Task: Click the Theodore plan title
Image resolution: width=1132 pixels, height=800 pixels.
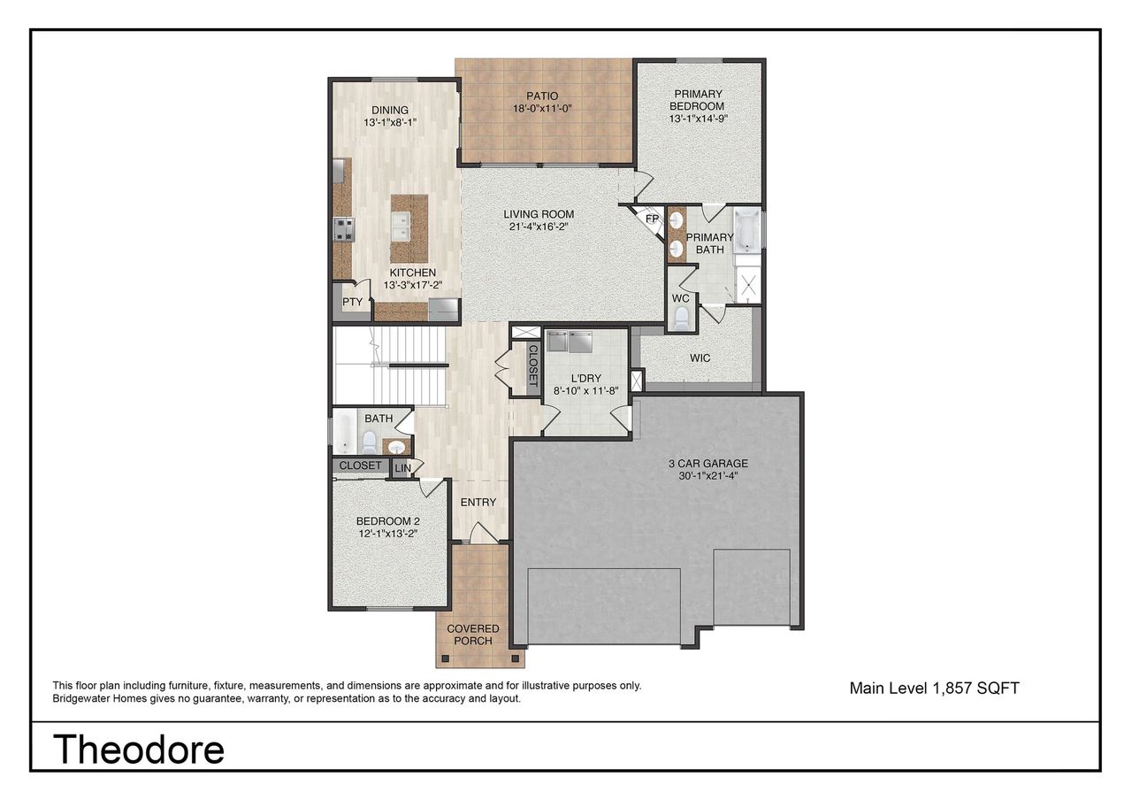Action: (139, 749)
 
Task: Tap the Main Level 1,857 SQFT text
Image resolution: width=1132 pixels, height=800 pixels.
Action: (934, 688)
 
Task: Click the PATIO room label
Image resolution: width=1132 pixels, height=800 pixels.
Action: (542, 96)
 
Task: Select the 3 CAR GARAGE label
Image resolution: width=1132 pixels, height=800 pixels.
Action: (707, 463)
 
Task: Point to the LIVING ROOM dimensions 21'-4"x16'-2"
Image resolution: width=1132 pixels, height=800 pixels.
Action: (539, 227)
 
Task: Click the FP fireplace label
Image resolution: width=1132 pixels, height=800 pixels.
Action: (653, 219)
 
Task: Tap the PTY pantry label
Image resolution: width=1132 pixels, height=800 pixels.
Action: (352, 303)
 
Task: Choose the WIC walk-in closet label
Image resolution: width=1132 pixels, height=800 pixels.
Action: (700, 358)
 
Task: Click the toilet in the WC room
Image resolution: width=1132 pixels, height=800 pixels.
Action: (681, 319)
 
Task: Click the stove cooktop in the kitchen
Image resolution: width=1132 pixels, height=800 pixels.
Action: (343, 229)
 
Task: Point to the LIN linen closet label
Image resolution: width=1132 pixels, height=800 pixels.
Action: (402, 467)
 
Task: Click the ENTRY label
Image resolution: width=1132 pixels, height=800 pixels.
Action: (478, 502)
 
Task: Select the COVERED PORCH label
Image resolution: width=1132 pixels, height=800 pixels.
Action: (472, 635)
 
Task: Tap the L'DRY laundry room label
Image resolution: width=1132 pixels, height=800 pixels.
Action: (585, 378)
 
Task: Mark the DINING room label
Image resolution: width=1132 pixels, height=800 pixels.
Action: (389, 111)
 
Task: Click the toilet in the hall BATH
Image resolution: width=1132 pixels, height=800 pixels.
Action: (370, 442)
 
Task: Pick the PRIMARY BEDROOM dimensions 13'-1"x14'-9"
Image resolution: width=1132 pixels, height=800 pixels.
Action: (699, 118)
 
